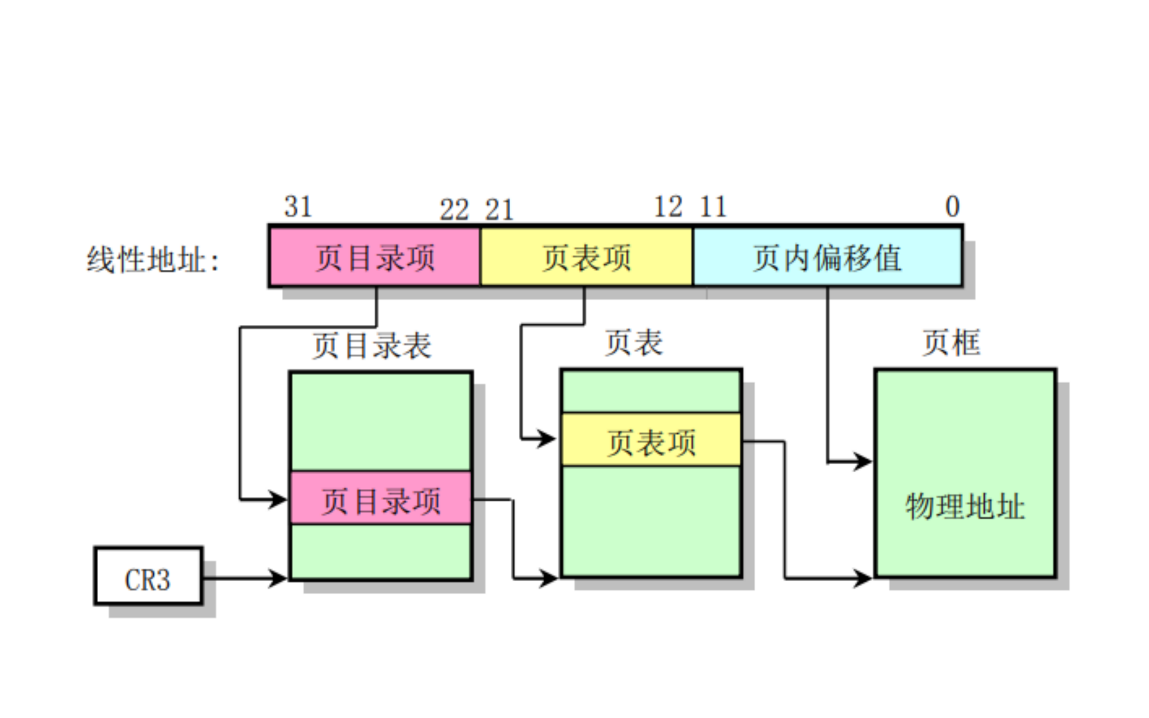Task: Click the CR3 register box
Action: pyautogui.click(x=148, y=576)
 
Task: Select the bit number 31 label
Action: pyautogui.click(x=298, y=206)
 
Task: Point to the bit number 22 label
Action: pyautogui.click(x=454, y=209)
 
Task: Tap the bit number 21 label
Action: pyautogui.click(x=499, y=209)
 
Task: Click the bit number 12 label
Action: pyautogui.click(x=668, y=206)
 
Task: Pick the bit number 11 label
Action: pyautogui.click(x=713, y=206)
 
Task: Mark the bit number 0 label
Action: pyautogui.click(x=952, y=206)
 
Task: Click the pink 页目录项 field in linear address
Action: pyautogui.click(x=375, y=257)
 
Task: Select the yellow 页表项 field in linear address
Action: pyautogui.click(x=586, y=257)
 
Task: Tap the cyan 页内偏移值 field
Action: pyautogui.click(x=827, y=257)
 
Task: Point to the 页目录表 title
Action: pyautogui.click(x=371, y=345)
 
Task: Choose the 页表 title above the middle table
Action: pyautogui.click(x=633, y=342)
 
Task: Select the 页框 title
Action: pyautogui.click(x=951, y=342)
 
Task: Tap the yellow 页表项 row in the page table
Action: pyautogui.click(x=651, y=441)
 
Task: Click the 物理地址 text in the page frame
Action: pyautogui.click(x=965, y=506)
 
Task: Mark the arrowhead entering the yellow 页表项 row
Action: pyautogui.click(x=547, y=439)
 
